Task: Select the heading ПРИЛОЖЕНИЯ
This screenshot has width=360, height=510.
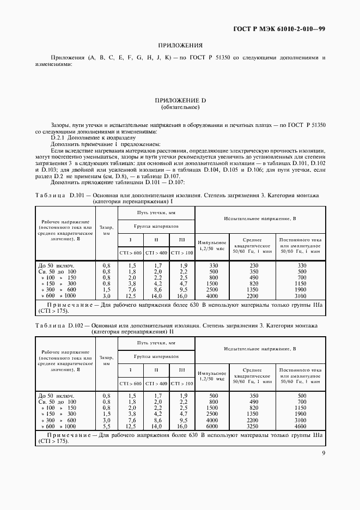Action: pyautogui.click(x=180, y=46)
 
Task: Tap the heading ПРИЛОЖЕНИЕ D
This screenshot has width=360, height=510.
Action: pyautogui.click(x=180, y=101)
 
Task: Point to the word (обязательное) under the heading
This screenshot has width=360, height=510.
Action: pyautogui.click(x=180, y=107)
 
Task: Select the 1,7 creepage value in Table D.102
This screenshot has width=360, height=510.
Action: pyautogui.click(x=158, y=396)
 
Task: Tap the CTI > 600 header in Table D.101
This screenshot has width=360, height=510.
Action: pyautogui.click(x=131, y=253)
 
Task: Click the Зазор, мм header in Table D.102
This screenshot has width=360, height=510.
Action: pyautogui.click(x=107, y=360)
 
